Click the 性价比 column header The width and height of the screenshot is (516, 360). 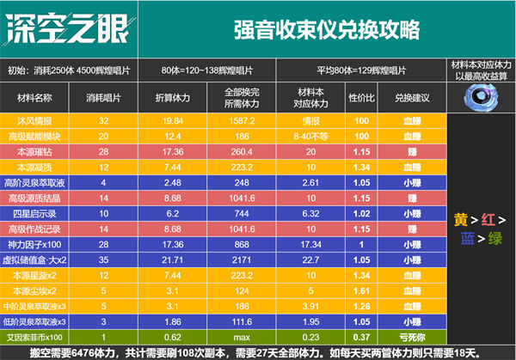click(362, 97)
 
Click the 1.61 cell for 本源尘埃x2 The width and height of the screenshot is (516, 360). click(362, 290)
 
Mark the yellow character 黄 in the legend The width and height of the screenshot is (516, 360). click(461, 220)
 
